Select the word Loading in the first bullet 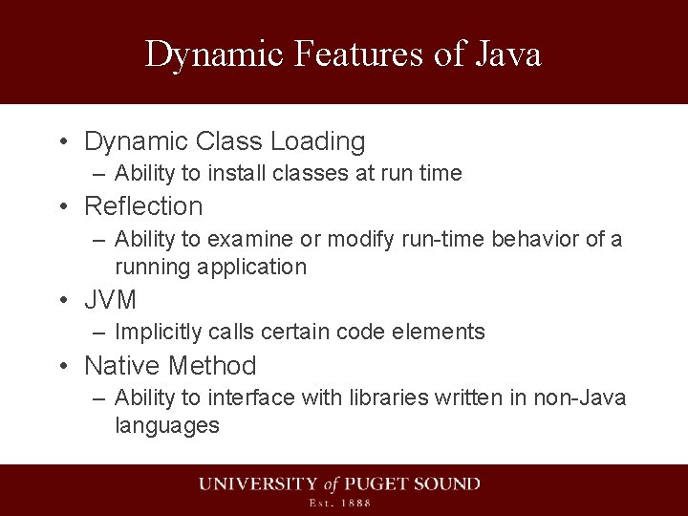[x=317, y=142]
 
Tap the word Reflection [x=143, y=205]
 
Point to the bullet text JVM [x=111, y=300]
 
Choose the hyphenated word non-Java [x=583, y=398]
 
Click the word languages [x=167, y=425]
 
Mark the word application [x=253, y=267]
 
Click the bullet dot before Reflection [x=61, y=206]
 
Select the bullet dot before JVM [x=61, y=301]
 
